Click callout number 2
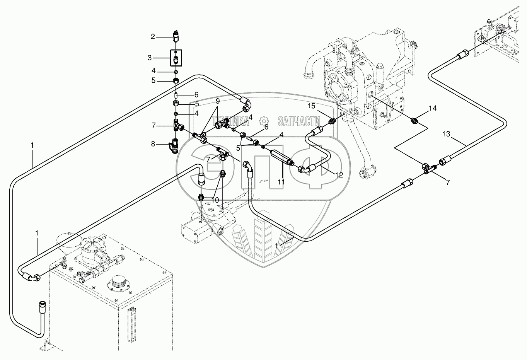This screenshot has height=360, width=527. point(153,37)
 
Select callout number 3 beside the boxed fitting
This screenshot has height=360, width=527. point(150,58)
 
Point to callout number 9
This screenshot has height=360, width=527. point(218,101)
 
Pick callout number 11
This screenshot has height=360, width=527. point(281,181)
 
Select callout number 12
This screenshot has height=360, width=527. point(339,175)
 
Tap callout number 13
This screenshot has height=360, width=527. point(447,134)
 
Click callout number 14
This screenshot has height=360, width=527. point(432,109)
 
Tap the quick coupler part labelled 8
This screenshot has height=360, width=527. point(174,146)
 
